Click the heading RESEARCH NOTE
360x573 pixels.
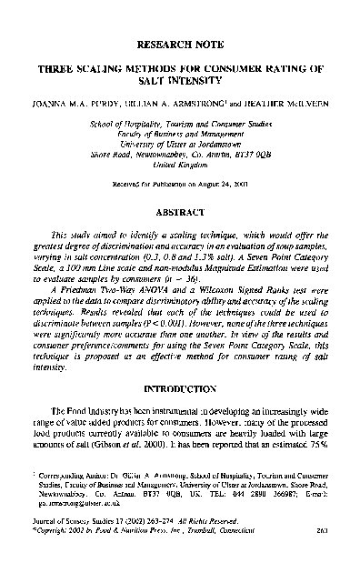182,42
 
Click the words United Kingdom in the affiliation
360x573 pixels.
182,166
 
